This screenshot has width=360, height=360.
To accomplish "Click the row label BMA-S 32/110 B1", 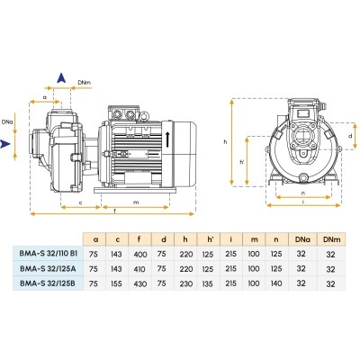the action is click(49, 253).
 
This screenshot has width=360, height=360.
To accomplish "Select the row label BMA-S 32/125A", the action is click(48, 268).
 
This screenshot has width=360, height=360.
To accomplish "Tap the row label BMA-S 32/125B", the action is click(48, 283).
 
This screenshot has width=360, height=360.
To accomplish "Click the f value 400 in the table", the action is click(139, 255).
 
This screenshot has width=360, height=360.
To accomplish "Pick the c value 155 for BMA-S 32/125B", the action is click(116, 283).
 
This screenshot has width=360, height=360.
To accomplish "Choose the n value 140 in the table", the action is click(276, 283).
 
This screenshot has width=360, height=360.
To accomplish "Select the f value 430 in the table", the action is click(139, 283).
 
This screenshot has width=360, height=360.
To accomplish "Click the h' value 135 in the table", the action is click(208, 283).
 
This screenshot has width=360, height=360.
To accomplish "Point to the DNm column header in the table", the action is click(332, 239).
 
